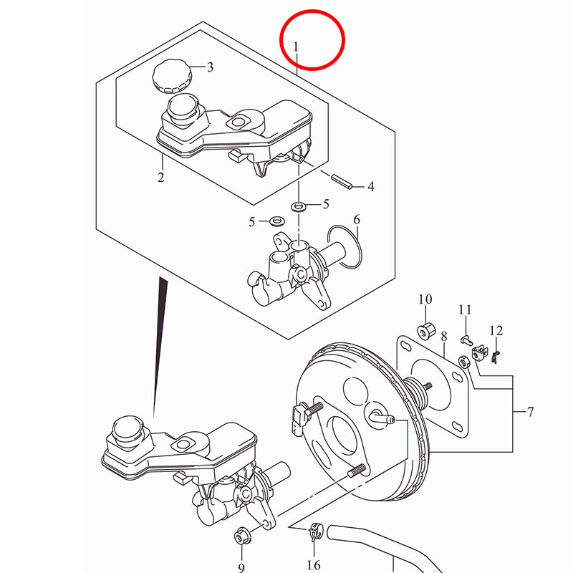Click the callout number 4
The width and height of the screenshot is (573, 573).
[371, 188]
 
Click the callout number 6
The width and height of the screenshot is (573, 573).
[357, 219]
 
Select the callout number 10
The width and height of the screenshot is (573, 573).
[425, 299]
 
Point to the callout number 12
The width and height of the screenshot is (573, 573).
[496, 331]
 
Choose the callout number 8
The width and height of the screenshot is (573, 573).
[444, 336]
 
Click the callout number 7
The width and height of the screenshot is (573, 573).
[530, 413]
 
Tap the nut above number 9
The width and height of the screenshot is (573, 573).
[241, 535]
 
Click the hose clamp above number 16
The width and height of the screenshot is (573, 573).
[313, 532]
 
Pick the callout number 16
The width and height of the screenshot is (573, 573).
[313, 566]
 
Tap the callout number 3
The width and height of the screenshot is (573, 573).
[210, 68]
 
